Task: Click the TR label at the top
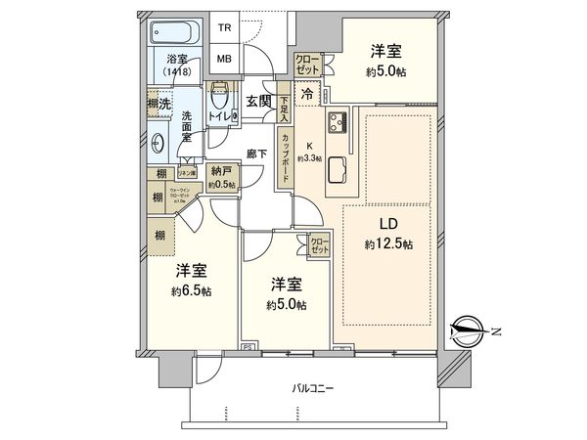(225, 28)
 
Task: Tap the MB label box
(225, 59)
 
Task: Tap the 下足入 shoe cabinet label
(283, 105)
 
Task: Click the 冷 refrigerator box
(307, 94)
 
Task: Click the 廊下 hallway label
(257, 154)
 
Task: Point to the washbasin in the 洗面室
(158, 138)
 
